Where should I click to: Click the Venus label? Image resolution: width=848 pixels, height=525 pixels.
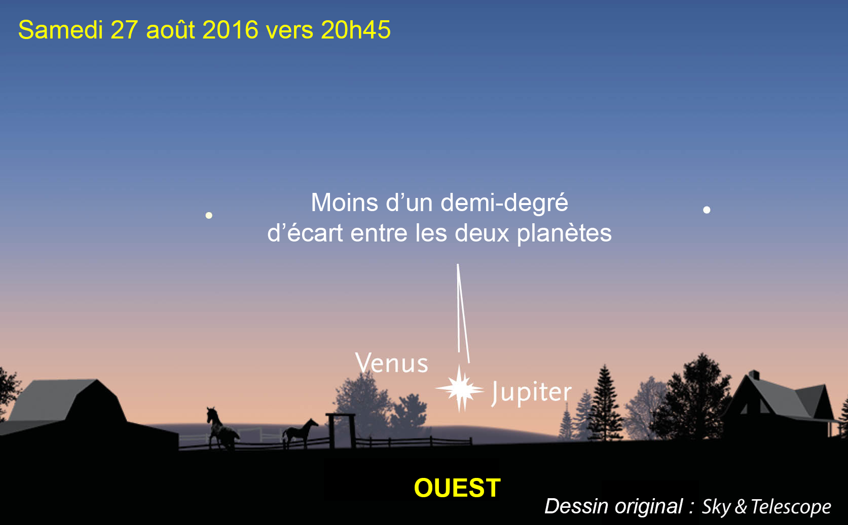(x=392, y=363)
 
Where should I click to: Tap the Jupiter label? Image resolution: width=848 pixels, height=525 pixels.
(x=532, y=393)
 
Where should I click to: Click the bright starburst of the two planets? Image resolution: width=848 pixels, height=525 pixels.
(x=460, y=389)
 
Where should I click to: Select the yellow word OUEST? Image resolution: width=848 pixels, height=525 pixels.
(x=457, y=488)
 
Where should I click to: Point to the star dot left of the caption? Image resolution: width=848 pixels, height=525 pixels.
(x=209, y=215)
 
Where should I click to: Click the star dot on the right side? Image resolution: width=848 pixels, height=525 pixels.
(x=707, y=210)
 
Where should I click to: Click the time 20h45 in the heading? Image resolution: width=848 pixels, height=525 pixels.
(x=355, y=29)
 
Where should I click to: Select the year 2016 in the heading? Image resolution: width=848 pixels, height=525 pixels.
(x=230, y=29)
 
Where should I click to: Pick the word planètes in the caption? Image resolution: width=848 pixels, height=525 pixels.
(x=564, y=234)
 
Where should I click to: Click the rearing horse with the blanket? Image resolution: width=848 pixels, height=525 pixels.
(x=222, y=429)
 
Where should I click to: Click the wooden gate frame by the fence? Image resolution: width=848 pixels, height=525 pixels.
(x=341, y=431)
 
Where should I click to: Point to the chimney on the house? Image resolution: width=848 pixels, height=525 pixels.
(x=754, y=375)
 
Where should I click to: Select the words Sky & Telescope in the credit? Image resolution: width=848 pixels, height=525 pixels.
(x=766, y=506)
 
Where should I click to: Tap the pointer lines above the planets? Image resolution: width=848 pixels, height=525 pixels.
(x=463, y=313)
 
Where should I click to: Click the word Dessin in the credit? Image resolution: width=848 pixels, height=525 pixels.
(x=576, y=506)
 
